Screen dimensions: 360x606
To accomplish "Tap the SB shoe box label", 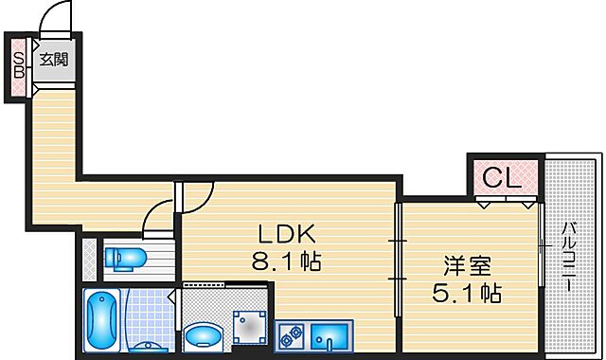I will pyautogui.click(x=18, y=66).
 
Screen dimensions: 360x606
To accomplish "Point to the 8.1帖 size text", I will pyautogui.click(x=284, y=261).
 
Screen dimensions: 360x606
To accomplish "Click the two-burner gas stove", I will pyautogui.click(x=289, y=334).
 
